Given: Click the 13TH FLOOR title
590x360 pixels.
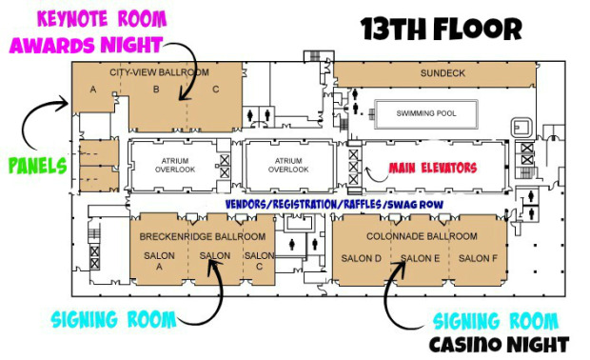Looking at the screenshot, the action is (441, 29).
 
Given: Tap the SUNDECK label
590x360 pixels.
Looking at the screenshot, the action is (442, 73).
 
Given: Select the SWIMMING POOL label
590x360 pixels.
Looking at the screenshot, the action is (426, 113).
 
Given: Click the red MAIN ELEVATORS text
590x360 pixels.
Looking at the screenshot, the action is (433, 168).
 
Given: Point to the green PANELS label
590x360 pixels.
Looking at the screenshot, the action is (38, 166).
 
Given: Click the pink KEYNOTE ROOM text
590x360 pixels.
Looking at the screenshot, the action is (102, 19).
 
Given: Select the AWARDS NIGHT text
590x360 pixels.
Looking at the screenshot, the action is (87, 45).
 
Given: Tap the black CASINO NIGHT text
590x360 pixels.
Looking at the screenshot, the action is (499, 345).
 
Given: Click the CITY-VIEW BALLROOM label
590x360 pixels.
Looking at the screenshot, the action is (159, 72).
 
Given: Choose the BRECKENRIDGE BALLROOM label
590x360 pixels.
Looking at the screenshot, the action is (203, 236).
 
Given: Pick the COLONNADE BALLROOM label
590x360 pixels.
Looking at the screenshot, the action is (422, 236).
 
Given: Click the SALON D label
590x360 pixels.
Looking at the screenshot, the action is (362, 258).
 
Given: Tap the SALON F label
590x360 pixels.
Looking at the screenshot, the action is (478, 258).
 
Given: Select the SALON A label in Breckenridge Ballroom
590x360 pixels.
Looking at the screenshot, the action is (159, 261).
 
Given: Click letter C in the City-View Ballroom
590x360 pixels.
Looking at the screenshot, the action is (216, 90).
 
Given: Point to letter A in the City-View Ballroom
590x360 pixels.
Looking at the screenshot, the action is (93, 90).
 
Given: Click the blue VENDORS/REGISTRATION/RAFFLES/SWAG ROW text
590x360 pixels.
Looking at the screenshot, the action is (334, 205).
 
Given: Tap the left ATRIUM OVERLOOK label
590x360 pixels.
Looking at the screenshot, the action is (175, 166).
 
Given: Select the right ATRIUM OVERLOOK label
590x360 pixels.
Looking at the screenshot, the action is (288, 166).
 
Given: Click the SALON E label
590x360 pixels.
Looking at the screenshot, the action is (420, 258).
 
